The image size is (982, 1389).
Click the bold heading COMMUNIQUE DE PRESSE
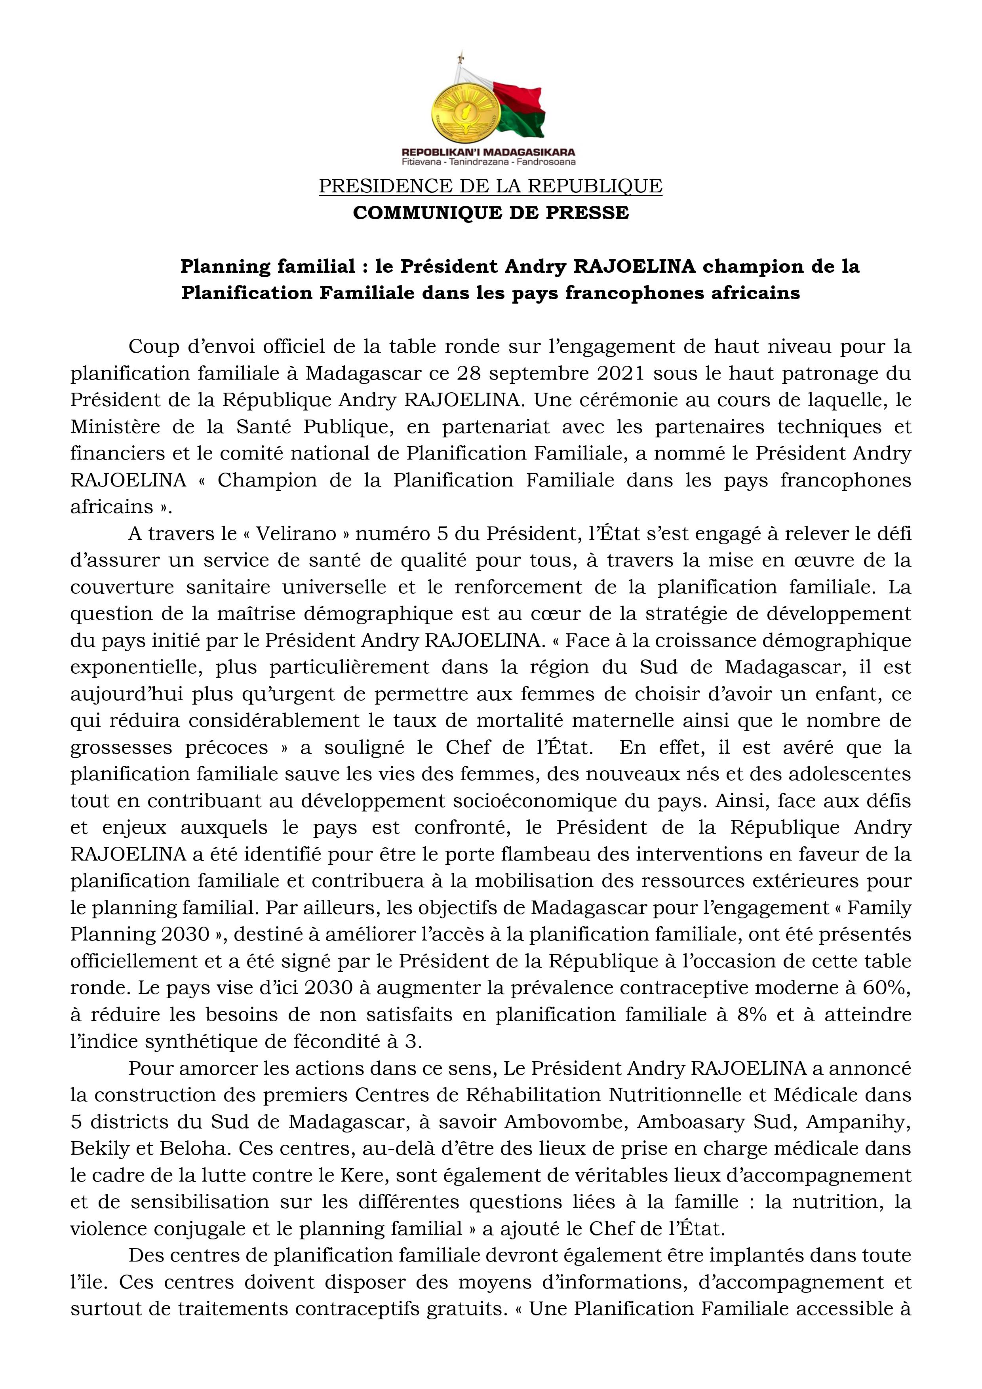491,213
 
